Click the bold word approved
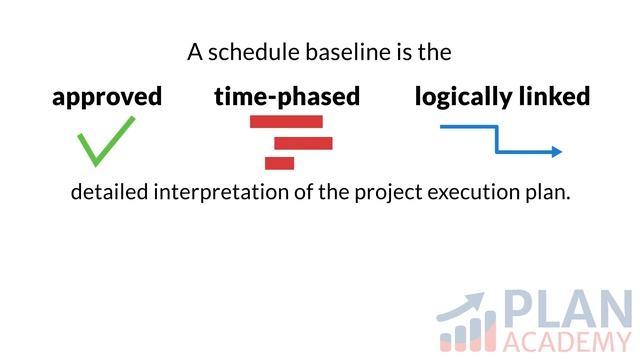point(107,97)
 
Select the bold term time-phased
point(287,97)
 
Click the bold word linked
point(555,96)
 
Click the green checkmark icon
point(105,141)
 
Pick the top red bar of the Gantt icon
point(286,122)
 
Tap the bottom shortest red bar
point(280,163)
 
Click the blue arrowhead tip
point(559,152)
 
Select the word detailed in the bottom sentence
point(109,192)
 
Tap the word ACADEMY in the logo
point(566,341)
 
